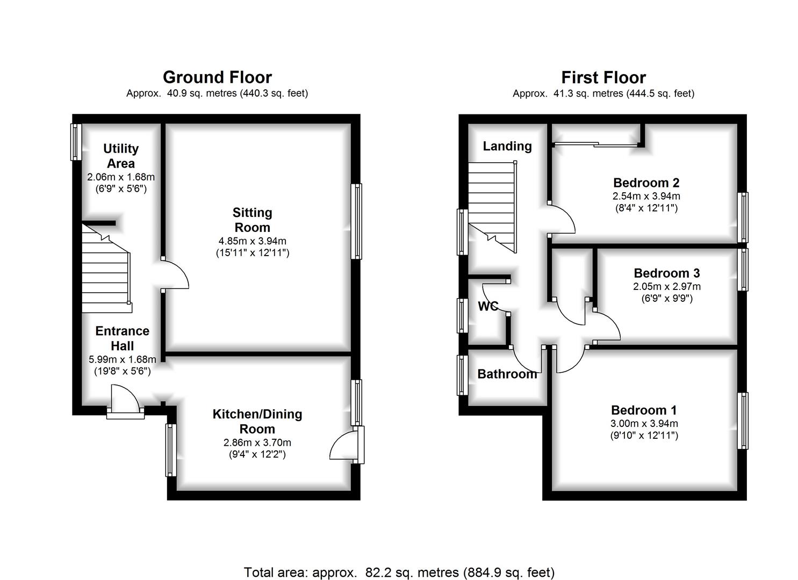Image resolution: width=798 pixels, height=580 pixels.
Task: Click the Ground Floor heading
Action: tap(217, 77)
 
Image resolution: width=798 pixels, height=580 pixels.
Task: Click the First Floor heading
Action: tap(603, 77)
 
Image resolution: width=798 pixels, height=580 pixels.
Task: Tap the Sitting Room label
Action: tap(252, 220)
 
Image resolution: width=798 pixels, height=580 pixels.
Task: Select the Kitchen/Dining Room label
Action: tap(257, 422)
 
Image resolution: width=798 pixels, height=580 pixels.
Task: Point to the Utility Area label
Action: tap(121, 156)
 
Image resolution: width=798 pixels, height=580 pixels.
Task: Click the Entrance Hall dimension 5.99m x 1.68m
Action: tap(123, 359)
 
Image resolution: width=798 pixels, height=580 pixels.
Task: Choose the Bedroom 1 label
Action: tap(644, 410)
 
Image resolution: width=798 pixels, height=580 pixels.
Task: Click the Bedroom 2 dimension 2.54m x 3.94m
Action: tap(646, 196)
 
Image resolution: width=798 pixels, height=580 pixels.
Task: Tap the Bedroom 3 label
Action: tap(666, 273)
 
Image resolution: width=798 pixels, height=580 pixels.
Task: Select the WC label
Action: tap(488, 306)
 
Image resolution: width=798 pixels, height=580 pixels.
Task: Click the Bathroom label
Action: tap(507, 374)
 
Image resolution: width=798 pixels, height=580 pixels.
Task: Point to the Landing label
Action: tap(507, 146)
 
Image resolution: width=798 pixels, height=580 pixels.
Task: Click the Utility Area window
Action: tap(76, 142)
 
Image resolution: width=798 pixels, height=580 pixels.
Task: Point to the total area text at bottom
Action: tap(399, 572)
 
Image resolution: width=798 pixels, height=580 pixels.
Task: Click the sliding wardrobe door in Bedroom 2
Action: tap(596, 144)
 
